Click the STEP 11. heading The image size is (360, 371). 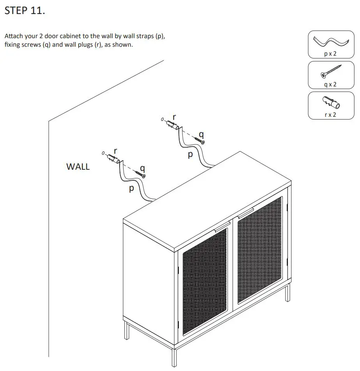pyautogui.click(x=25, y=11)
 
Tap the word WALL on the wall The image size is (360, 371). pyautogui.click(x=78, y=167)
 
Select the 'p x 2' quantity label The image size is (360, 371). pyautogui.click(x=330, y=54)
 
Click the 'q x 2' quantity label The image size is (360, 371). pyautogui.click(x=330, y=84)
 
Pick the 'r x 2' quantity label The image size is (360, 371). pyautogui.click(x=330, y=114)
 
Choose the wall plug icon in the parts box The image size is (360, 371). pyautogui.click(x=330, y=103)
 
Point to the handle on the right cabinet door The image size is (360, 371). pyautogui.click(x=245, y=213)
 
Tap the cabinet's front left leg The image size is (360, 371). pyautogui.click(x=173, y=356)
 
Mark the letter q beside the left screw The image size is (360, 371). pyautogui.click(x=143, y=168)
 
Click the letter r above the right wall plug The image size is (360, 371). pyautogui.click(x=174, y=116)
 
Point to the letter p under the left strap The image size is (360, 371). pyautogui.click(x=131, y=189)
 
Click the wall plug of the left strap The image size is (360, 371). pyautogui.click(x=113, y=158)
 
